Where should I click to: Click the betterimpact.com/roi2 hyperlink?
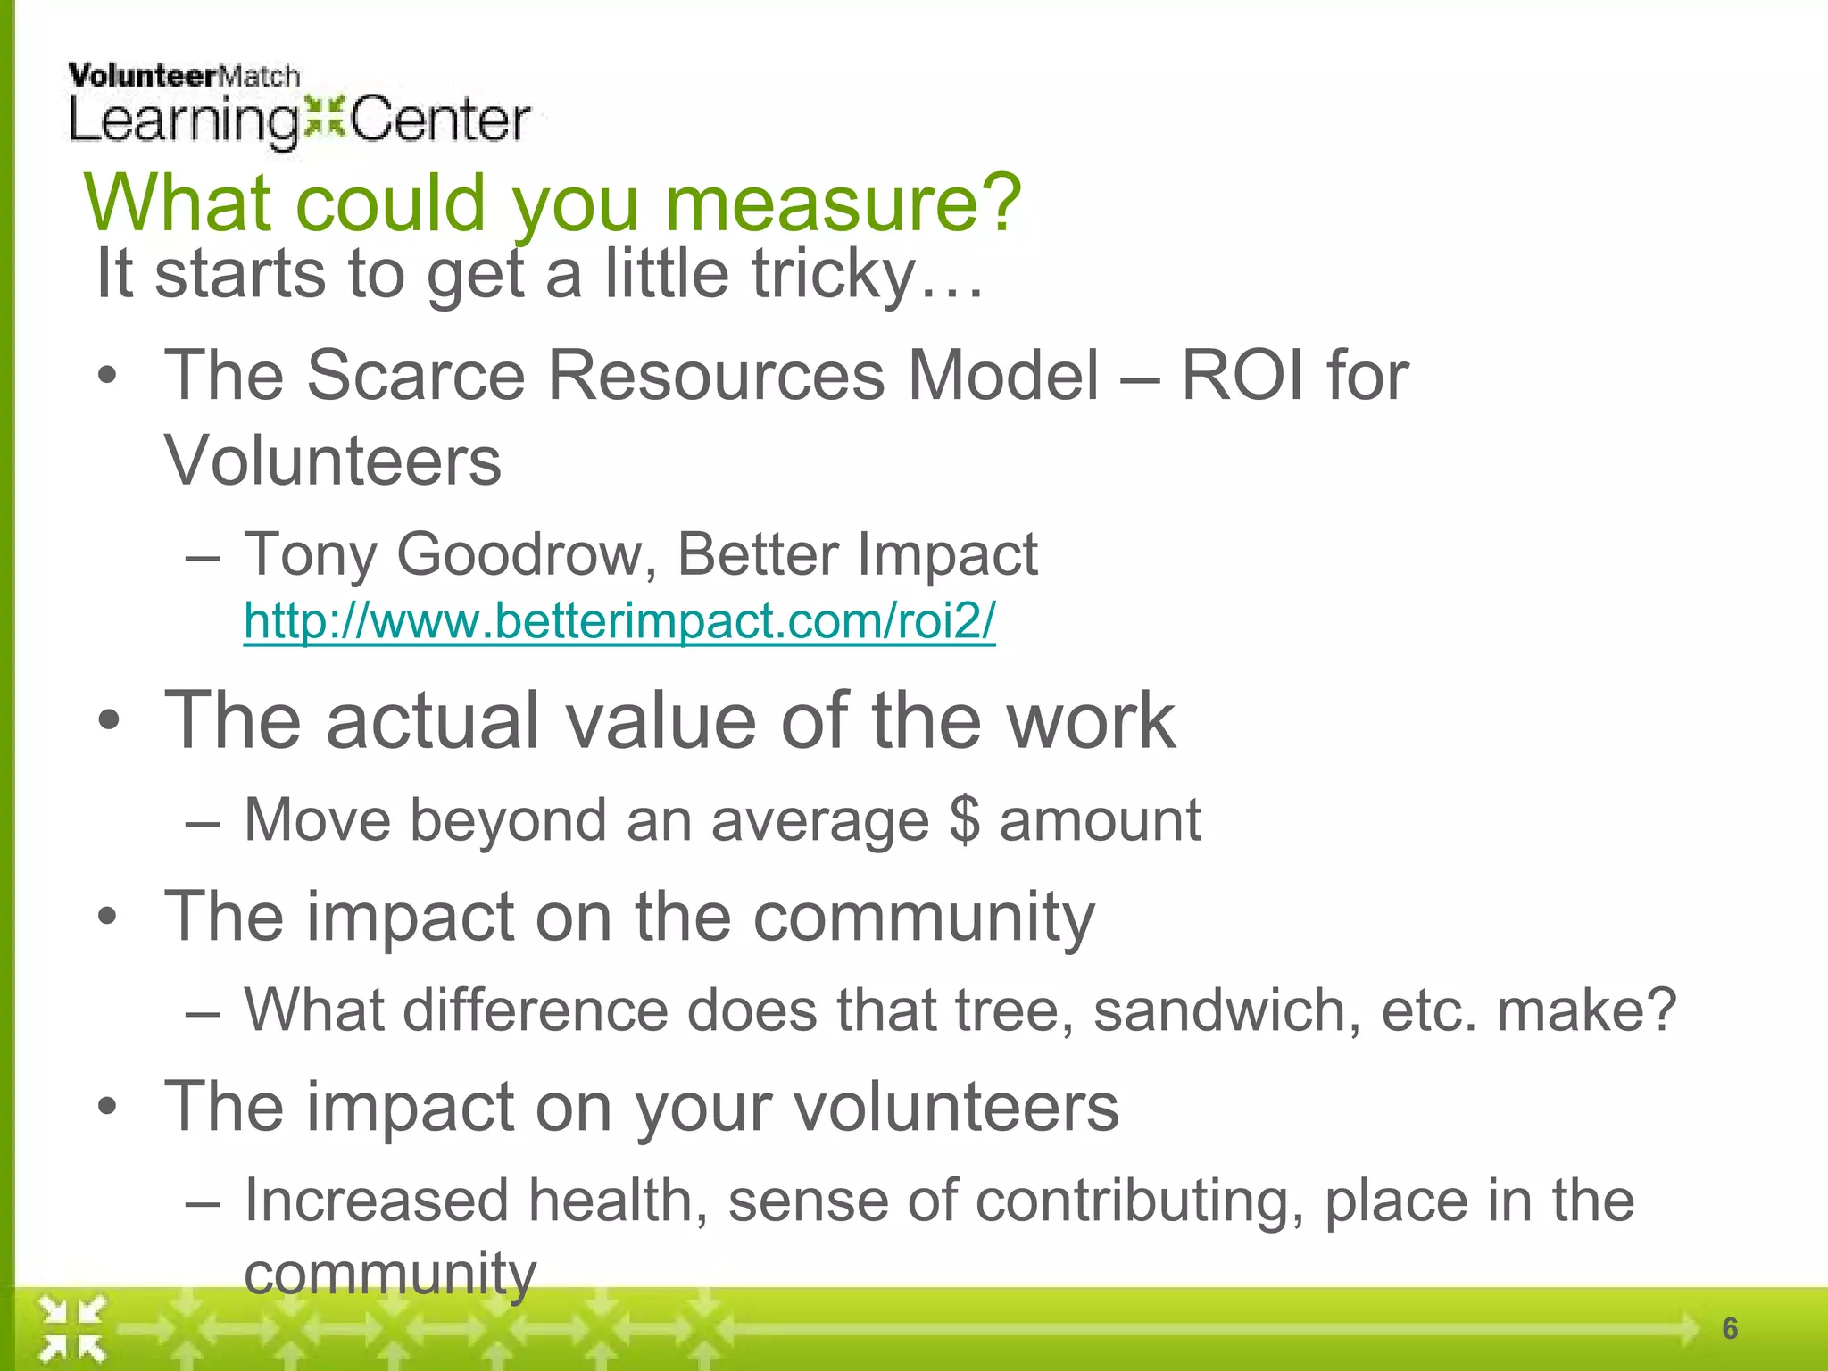click(x=619, y=621)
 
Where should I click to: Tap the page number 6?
click(x=1730, y=1328)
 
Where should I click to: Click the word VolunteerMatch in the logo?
click(x=184, y=77)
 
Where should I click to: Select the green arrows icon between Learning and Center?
click(x=323, y=120)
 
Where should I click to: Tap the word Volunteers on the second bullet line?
click(x=332, y=461)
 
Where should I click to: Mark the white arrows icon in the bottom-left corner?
click(x=72, y=1329)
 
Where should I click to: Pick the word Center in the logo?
click(x=440, y=121)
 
